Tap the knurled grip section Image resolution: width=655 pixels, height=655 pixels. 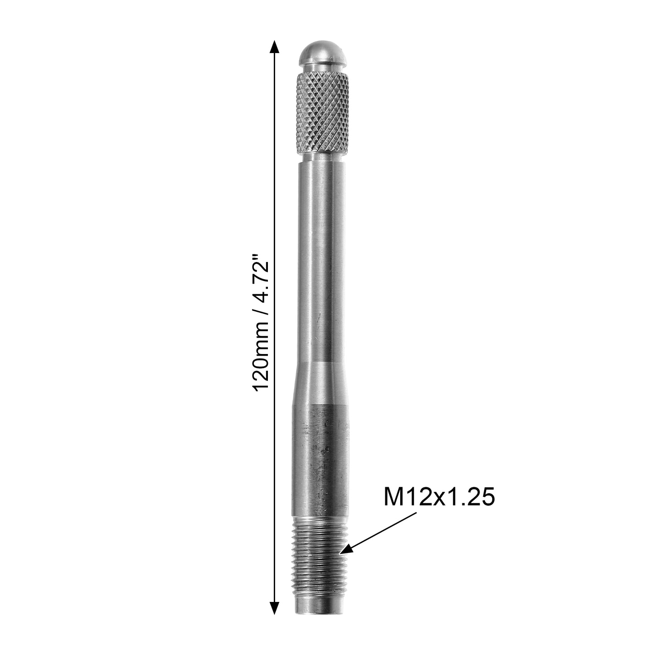coord(322,114)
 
